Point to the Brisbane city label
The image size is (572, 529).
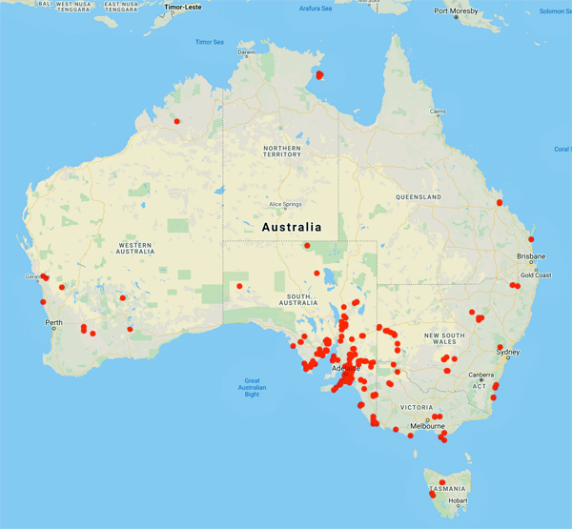point(531,256)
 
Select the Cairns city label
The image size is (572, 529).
point(438,112)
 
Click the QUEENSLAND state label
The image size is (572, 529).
point(418,197)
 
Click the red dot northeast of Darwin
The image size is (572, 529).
point(320,74)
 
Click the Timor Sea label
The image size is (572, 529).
point(209,42)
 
